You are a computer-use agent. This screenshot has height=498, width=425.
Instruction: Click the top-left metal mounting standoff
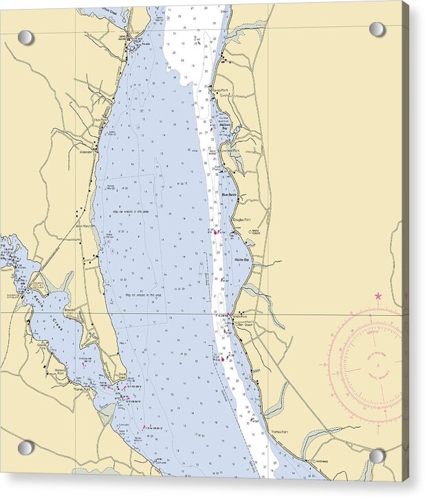coord(25,37)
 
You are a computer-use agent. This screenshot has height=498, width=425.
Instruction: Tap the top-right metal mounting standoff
coord(378,29)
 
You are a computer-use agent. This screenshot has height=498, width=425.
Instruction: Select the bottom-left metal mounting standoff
coord(25,448)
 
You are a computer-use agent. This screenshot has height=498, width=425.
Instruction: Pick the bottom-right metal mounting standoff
coord(378,456)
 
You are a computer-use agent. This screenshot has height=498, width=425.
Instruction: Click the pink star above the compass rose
coord(378,296)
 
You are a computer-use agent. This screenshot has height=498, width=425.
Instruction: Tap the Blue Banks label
coord(230,195)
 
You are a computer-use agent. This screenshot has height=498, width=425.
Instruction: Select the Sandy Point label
coord(219,90)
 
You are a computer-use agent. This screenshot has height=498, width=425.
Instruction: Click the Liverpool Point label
coord(230,151)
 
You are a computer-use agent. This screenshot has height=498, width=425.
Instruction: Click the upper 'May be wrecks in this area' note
coord(143,212)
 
